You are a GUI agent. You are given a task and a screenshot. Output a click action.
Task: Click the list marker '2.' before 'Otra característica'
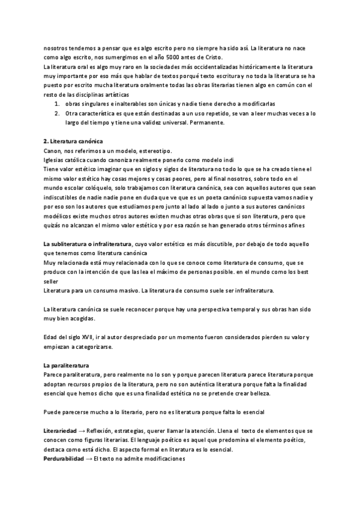click(58, 112)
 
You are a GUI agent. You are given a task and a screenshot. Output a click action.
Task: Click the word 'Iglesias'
click(55, 160)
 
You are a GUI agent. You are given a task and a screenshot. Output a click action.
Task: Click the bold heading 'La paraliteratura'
click(66, 365)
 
